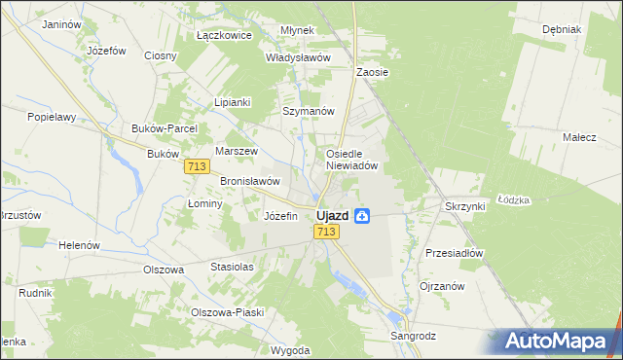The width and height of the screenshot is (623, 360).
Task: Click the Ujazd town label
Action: point(333,215)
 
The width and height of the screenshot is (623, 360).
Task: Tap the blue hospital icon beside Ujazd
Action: point(362,215)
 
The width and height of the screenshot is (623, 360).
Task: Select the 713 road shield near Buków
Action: point(196,167)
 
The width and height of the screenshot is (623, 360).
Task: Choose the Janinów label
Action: point(61,23)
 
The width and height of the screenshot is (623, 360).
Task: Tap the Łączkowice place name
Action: point(224,35)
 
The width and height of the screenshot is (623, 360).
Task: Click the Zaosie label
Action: point(373,72)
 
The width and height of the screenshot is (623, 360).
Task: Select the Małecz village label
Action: point(579,138)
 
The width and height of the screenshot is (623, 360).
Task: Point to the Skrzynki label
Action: point(464,207)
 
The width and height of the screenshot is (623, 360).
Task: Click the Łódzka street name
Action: point(513,199)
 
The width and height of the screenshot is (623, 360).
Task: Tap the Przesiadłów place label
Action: point(455,252)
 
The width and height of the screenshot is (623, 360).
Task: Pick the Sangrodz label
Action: point(413,336)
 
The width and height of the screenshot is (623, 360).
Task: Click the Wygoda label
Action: point(291,349)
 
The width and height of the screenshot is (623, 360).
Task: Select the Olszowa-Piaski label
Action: point(227,312)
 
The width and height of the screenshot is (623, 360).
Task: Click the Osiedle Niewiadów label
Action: point(357,159)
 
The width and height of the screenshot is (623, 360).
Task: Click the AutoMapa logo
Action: point(558,342)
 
